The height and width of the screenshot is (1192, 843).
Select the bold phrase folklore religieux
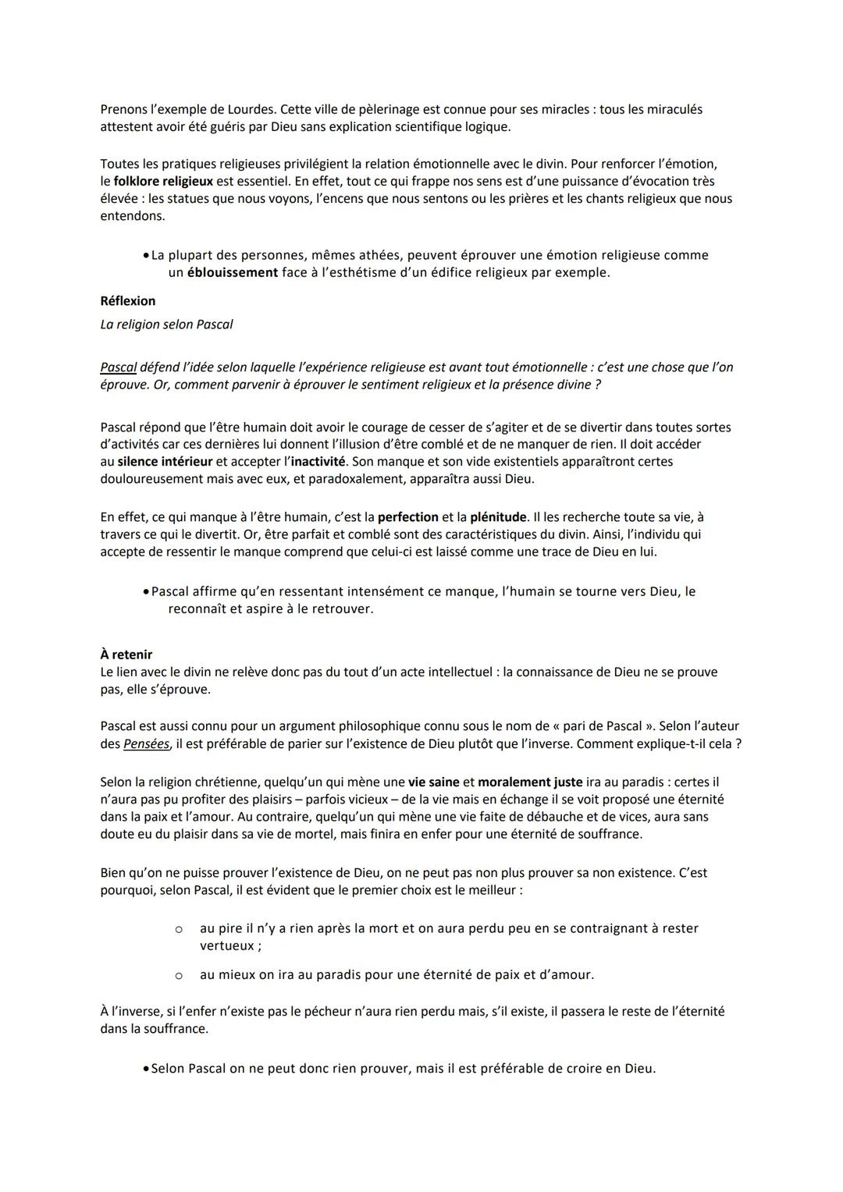click(x=163, y=181)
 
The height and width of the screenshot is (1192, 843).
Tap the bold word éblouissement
click(x=233, y=272)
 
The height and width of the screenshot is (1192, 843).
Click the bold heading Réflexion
click(x=128, y=301)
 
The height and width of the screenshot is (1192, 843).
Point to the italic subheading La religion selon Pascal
click(x=166, y=325)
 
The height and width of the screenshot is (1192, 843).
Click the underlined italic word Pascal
click(x=119, y=367)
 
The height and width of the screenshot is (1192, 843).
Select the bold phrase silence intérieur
click(x=165, y=462)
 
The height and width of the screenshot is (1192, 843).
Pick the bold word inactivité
click(x=315, y=462)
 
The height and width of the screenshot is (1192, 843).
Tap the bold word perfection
click(x=407, y=517)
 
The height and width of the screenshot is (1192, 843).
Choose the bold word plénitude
click(x=499, y=517)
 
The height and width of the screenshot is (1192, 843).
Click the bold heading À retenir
click(x=126, y=655)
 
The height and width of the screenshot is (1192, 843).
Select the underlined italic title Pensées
click(x=147, y=744)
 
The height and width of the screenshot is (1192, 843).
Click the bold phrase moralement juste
click(x=530, y=782)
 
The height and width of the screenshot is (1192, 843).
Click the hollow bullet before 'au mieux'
click(x=179, y=975)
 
